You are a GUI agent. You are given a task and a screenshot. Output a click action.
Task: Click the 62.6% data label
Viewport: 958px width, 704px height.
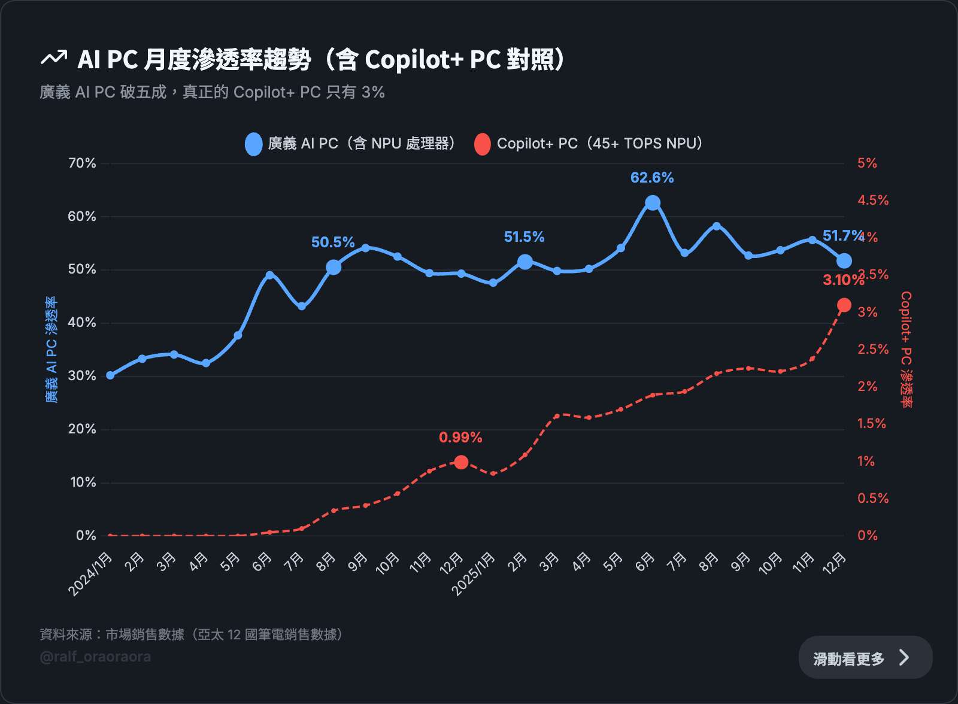pyautogui.click(x=652, y=178)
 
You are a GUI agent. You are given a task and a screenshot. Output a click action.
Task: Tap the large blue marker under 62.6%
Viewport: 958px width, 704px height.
pyautogui.click(x=653, y=203)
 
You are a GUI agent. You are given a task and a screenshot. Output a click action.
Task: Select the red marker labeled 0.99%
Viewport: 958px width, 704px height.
pyautogui.click(x=461, y=462)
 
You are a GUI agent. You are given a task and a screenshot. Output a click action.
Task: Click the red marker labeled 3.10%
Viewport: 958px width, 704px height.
pyautogui.click(x=844, y=306)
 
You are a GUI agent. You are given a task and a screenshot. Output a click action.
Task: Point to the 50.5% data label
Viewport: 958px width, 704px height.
pyautogui.click(x=333, y=242)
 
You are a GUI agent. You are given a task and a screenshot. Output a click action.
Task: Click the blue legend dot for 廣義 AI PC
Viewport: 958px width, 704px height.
pyautogui.click(x=254, y=144)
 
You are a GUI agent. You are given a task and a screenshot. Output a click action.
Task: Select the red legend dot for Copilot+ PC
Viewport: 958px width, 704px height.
pyautogui.click(x=482, y=144)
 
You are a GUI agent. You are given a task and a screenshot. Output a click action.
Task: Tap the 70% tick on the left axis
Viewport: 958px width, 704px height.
pyautogui.click(x=82, y=163)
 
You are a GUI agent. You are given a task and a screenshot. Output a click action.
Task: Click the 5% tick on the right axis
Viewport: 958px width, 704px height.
pyautogui.click(x=867, y=163)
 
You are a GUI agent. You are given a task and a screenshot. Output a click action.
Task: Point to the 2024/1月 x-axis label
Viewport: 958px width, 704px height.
pyautogui.click(x=92, y=573)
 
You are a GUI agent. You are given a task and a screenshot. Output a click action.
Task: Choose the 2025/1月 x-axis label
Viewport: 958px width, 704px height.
pyautogui.click(x=474, y=573)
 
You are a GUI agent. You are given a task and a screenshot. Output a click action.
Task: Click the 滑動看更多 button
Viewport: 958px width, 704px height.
pyautogui.click(x=865, y=658)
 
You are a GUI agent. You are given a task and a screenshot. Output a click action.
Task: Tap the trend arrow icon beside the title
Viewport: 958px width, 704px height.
pyautogui.click(x=54, y=58)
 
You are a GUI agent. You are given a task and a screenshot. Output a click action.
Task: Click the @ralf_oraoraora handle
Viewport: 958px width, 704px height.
pyautogui.click(x=95, y=657)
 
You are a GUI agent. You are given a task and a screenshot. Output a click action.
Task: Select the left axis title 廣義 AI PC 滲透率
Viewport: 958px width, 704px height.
pyautogui.click(x=52, y=350)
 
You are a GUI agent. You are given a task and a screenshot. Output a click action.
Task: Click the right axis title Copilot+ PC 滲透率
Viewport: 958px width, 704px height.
pyautogui.click(x=907, y=350)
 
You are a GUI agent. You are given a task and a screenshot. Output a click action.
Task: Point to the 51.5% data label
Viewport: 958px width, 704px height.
pyautogui.click(x=524, y=237)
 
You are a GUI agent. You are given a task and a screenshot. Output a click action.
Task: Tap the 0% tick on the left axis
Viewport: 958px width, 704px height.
pyautogui.click(x=86, y=536)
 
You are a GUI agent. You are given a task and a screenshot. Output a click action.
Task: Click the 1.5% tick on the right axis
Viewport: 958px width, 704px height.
pyautogui.click(x=871, y=424)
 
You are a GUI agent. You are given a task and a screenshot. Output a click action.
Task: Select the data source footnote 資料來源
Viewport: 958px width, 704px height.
pyautogui.click(x=191, y=635)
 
